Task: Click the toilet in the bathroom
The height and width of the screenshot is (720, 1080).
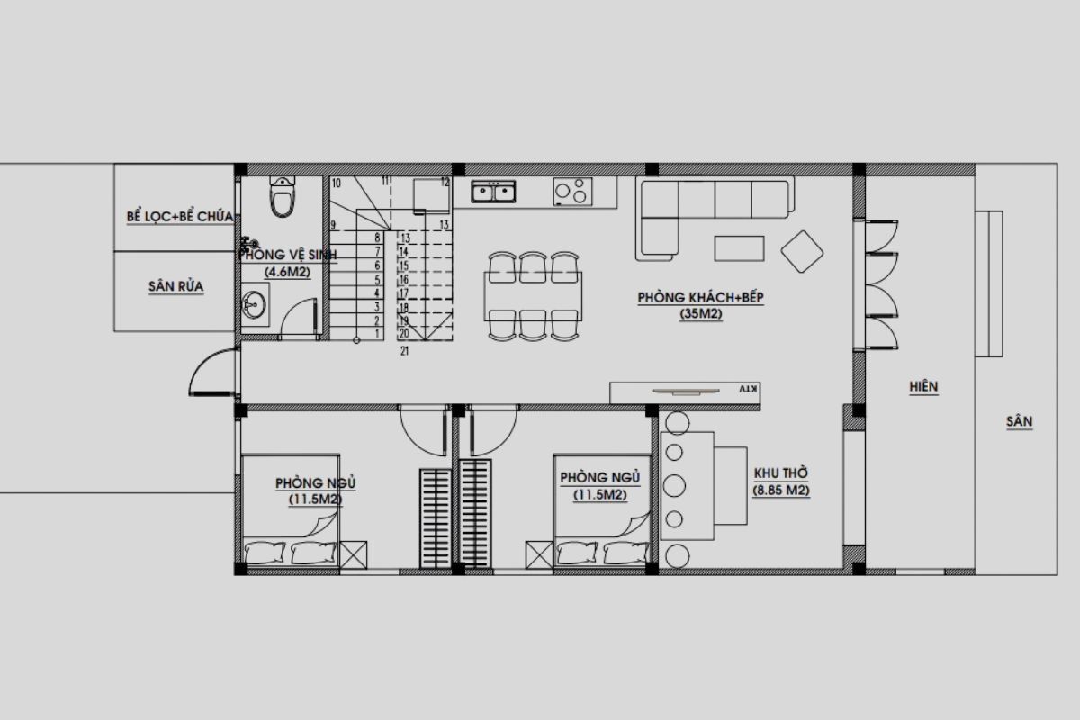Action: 283,197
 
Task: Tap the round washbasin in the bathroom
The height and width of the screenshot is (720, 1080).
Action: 254,305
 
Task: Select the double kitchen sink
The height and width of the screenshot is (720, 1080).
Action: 493,191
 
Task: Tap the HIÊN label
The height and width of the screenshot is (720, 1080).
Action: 923,386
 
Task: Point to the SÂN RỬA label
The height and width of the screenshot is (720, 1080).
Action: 175,287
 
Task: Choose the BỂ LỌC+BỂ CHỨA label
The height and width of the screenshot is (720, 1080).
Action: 180,217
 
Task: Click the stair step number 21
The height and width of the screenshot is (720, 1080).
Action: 405,352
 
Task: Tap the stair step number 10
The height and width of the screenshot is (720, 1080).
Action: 336,183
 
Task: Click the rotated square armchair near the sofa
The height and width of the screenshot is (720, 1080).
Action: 802,251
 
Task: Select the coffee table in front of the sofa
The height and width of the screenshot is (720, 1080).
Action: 740,247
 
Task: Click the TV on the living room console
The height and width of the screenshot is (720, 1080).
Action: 685,391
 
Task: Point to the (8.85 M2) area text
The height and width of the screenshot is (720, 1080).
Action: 781,490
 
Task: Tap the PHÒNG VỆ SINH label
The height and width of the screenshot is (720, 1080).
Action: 288,256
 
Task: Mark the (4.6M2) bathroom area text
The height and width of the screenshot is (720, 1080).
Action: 287,272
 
